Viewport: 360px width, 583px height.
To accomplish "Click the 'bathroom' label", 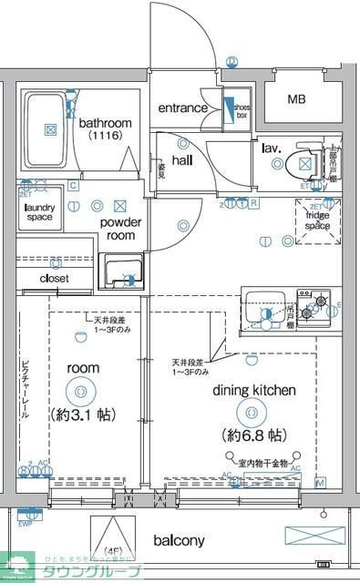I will coord(105,123).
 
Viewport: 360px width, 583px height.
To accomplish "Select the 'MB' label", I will coord(297,99).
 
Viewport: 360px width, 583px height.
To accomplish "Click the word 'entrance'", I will coord(182,108).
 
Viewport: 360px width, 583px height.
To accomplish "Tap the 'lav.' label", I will coord(271,147).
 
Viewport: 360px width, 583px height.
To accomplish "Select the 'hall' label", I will coord(182,160).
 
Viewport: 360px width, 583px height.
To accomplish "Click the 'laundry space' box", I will coord(38,212).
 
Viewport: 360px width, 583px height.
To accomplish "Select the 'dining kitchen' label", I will coord(254,390).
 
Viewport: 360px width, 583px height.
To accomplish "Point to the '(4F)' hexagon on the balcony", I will coord(113,537).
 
